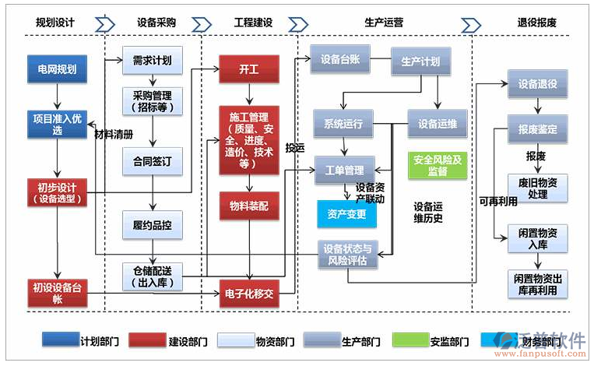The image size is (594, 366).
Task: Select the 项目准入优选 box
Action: point(57,125)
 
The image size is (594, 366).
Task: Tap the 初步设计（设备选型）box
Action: point(57,192)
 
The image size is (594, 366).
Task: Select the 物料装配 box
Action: point(248,206)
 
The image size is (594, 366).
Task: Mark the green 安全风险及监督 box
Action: point(438,165)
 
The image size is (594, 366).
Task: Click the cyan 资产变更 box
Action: point(346,213)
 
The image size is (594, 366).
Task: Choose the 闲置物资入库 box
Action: point(538,238)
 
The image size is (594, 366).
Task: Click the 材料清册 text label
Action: point(114,134)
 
